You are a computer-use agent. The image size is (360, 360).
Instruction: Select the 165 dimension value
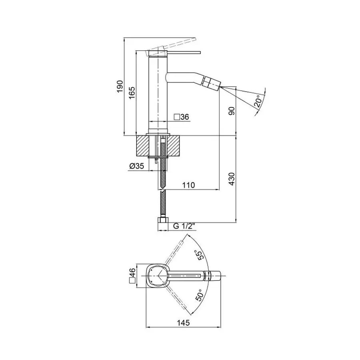tap(131, 93)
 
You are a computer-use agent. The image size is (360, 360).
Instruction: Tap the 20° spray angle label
tap(259, 100)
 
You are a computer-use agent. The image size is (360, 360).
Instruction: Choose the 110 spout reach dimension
tap(188, 185)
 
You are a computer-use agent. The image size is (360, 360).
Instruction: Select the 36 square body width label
tap(181, 117)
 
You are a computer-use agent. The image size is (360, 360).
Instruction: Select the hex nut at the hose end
tap(162, 221)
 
